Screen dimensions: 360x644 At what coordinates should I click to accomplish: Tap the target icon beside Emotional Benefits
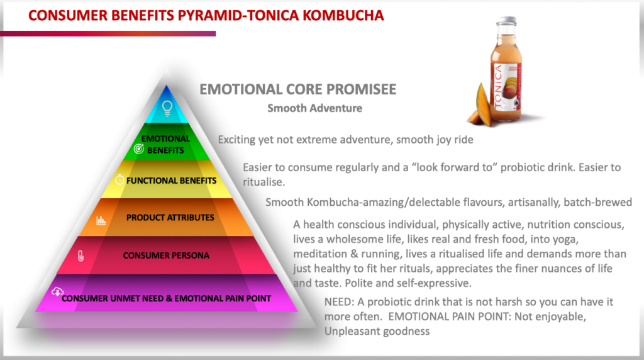pos(141,150)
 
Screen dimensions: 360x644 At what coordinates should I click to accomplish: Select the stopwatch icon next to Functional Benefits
pos(119,180)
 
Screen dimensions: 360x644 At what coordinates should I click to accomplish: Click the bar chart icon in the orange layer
pos(101,220)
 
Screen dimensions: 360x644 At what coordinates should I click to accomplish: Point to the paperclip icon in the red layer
pos(80,256)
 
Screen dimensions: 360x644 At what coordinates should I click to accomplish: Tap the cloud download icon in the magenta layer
pos(57,291)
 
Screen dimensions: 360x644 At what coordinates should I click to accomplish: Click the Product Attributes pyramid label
pos(170,218)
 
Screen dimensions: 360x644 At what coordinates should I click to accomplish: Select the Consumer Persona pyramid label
pos(166,256)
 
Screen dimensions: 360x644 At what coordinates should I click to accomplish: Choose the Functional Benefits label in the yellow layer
pos(171,181)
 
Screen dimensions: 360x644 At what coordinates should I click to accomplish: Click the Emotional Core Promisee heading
pos(297,89)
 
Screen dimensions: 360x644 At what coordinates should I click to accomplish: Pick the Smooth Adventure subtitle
pos(314,108)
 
